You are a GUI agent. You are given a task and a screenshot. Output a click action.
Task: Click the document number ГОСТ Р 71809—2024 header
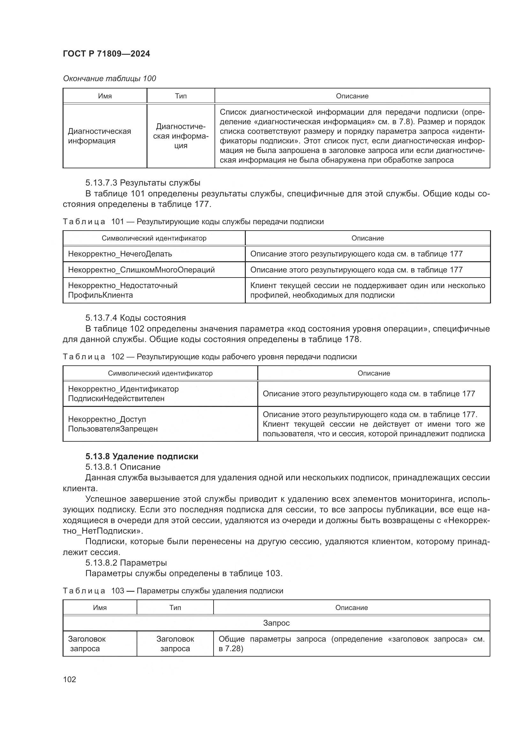[106, 54]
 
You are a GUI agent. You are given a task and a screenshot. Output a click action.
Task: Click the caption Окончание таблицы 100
[109, 79]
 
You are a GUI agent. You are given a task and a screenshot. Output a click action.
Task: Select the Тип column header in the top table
[181, 96]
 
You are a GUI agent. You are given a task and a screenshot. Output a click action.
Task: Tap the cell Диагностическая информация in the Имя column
[100, 136]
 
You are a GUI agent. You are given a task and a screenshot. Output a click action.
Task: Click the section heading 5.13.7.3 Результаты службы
[143, 183]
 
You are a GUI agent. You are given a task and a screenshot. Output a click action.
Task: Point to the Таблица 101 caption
[193, 222]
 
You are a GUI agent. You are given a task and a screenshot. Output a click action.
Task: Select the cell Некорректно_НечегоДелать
[120, 254]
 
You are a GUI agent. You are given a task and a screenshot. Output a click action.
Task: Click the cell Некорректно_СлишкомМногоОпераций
[141, 270]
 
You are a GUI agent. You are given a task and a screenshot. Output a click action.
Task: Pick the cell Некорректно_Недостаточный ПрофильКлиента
[123, 290]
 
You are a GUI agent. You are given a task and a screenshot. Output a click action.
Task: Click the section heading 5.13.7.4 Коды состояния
[136, 318]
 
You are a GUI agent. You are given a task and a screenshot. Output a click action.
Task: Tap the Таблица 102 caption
[209, 357]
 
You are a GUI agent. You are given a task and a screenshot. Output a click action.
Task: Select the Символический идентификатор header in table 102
[160, 373]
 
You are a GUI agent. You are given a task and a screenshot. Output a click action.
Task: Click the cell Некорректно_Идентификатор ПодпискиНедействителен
[123, 394]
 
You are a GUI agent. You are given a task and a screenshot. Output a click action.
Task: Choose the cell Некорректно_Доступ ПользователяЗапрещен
[113, 424]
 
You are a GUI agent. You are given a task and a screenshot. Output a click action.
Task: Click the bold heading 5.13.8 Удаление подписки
[142, 456]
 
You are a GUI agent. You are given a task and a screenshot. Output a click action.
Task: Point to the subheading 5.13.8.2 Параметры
[126, 562]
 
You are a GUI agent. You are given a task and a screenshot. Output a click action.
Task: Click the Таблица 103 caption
[173, 591]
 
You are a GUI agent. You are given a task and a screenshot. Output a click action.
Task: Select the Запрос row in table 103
[276, 623]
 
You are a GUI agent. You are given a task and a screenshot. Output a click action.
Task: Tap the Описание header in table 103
[351, 607]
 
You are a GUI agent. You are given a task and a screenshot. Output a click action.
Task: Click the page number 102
[69, 679]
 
